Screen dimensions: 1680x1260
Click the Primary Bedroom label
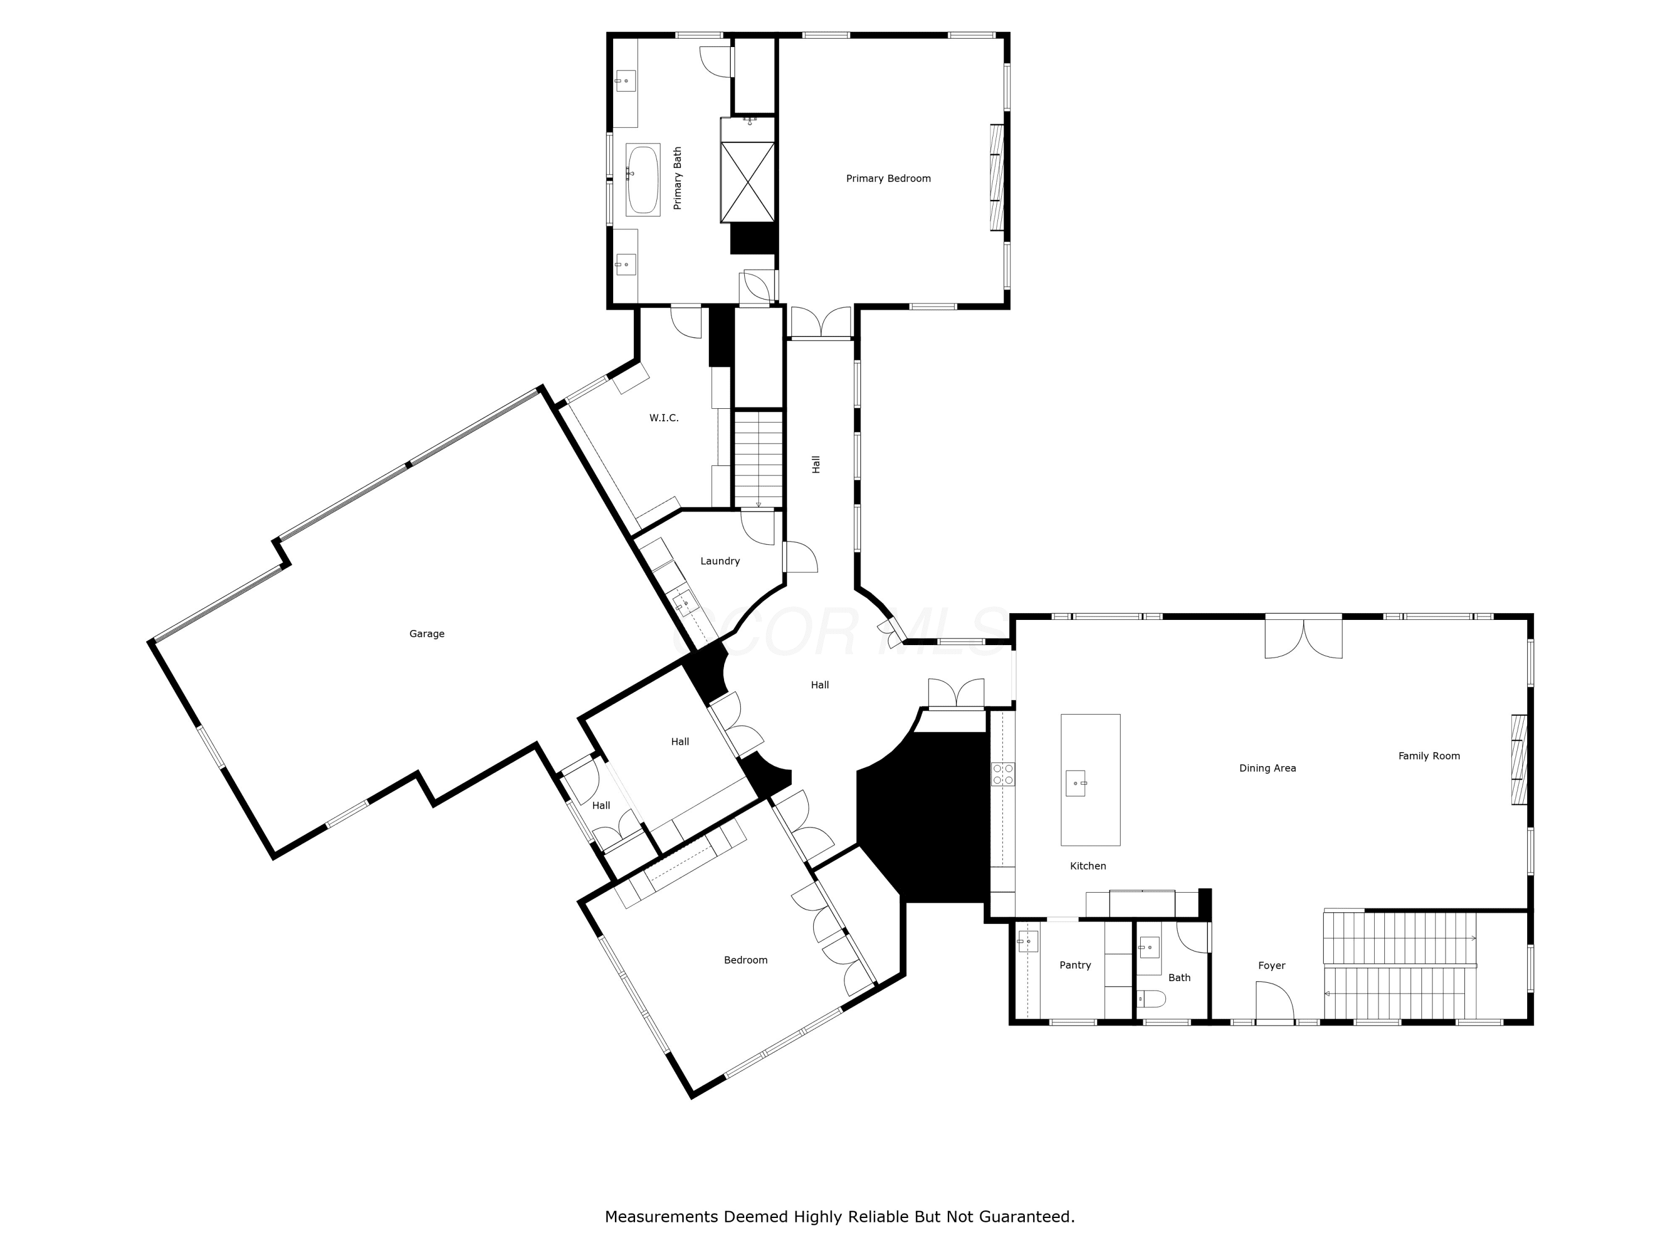click(888, 179)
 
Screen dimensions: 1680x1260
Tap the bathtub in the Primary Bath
click(642, 179)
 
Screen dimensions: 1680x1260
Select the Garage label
click(427, 633)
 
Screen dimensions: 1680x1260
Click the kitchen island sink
click(1075, 783)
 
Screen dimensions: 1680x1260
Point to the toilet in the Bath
click(1151, 998)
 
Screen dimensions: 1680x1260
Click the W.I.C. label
click(664, 418)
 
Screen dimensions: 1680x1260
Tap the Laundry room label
click(720, 561)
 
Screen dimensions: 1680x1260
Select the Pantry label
click(1075, 965)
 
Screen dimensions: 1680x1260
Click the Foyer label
click(1271, 966)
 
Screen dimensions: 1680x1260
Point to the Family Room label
click(1429, 755)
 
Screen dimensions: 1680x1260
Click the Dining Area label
click(1268, 768)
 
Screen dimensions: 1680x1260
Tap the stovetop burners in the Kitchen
click(1002, 774)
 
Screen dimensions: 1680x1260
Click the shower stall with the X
click(748, 182)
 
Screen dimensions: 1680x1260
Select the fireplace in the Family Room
click(1519, 759)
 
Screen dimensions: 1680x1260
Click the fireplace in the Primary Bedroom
click(996, 178)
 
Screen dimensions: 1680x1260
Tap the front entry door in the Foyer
click(1275, 1002)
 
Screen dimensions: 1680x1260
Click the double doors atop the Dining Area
click(1303, 637)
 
